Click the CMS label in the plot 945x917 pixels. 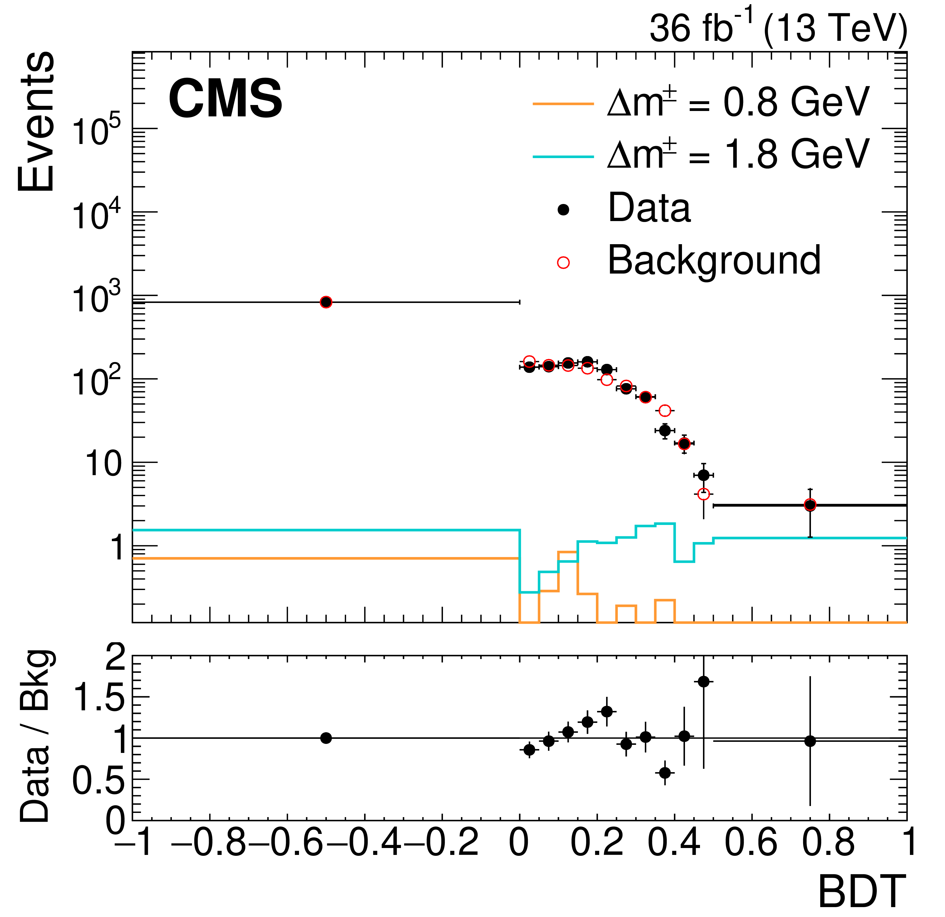[225, 99]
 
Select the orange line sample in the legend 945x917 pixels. [563, 104]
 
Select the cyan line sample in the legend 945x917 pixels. [563, 156]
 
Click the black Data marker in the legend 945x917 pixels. [563, 210]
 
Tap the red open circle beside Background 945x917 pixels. [563, 262]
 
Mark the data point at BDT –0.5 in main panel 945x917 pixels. [326, 302]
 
